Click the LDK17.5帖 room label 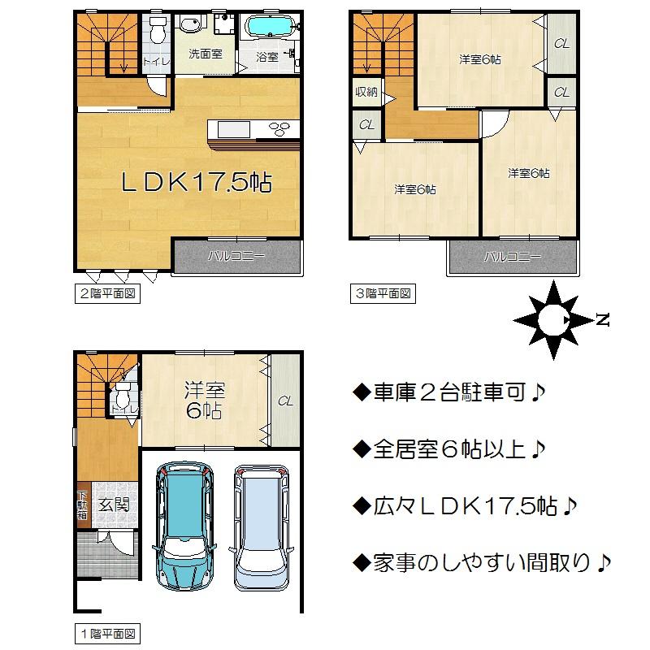pos(197,182)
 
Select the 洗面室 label pos(205,55)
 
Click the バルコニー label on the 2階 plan pos(236,257)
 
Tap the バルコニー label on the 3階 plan pos(513,258)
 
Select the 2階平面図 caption pos(106,294)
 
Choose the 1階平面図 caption pos(106,632)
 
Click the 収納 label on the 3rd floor pos(366,92)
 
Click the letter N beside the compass pos(602,320)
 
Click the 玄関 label pos(114,505)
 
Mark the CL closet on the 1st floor pos(285,401)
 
